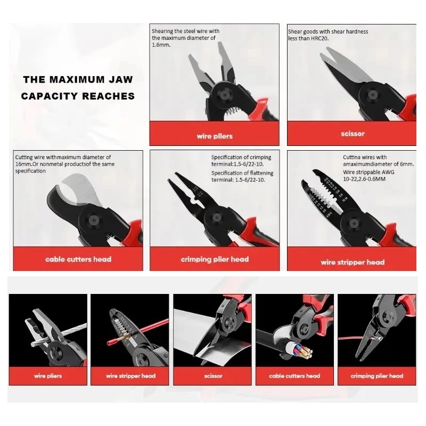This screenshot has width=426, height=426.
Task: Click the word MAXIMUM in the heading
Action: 77,79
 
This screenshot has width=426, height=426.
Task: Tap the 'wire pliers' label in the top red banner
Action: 215,136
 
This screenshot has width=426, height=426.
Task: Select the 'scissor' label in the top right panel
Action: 353,134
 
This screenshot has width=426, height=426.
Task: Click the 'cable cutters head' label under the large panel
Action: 78,259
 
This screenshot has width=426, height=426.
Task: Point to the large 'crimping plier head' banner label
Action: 215,259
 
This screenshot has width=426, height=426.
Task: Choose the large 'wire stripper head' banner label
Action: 353,263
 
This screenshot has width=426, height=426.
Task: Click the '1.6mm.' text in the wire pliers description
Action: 161,45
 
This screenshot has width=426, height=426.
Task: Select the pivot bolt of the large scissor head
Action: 372,95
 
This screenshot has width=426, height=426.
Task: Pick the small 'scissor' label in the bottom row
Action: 214,376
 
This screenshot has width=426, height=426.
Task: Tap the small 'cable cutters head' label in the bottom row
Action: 294,376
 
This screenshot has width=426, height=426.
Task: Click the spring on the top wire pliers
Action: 232,112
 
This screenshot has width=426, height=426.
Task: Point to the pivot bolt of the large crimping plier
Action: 216,217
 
